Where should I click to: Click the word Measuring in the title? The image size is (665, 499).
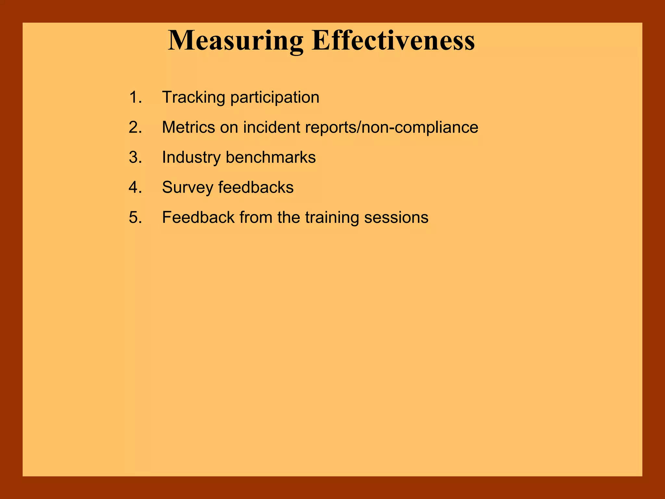235,41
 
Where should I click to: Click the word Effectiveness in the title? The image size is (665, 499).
393,41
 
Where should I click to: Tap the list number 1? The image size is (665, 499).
135,97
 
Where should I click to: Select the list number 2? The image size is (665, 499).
135,127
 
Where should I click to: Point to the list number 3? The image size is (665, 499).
135,157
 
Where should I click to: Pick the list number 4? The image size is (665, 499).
135,187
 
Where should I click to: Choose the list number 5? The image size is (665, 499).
135,217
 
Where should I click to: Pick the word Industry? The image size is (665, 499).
191,158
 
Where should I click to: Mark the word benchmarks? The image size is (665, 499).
270,157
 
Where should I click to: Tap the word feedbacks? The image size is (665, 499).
256,187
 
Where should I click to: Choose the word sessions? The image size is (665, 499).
396,217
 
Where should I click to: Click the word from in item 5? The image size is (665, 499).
256,217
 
